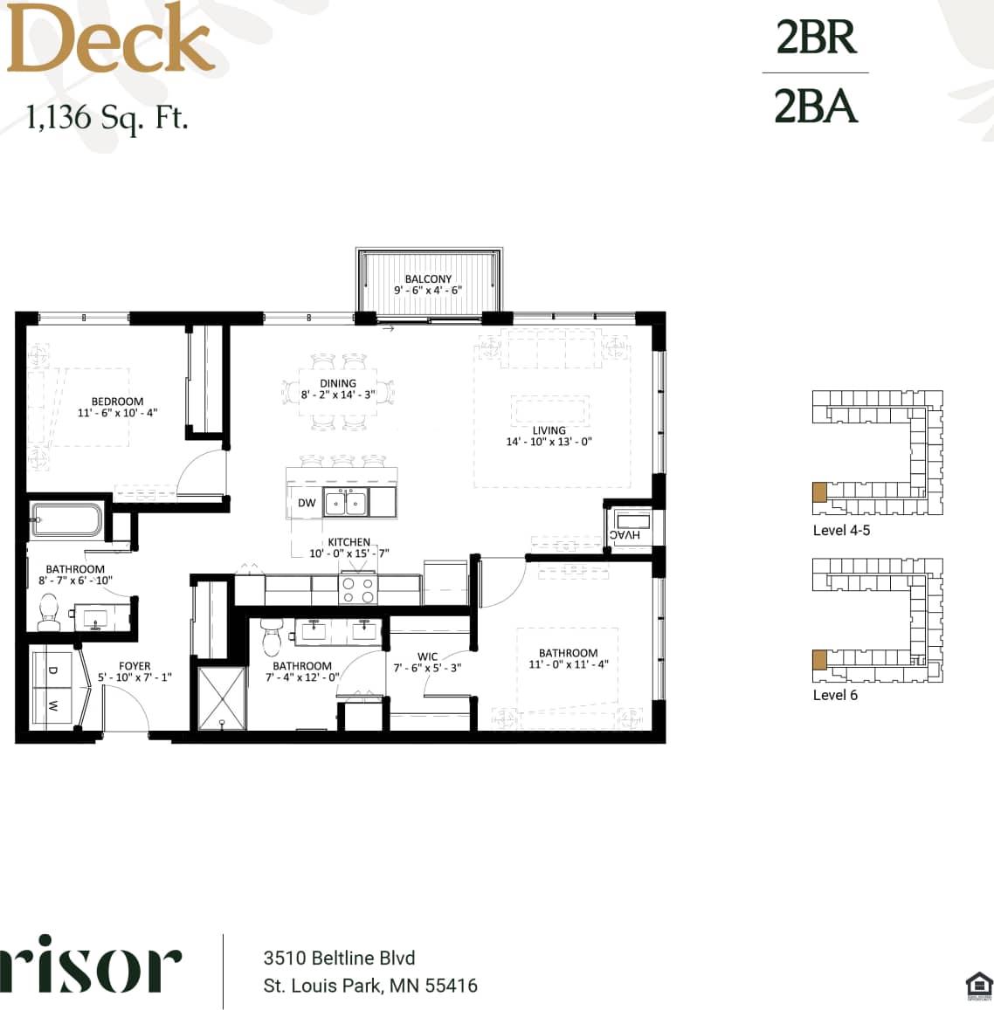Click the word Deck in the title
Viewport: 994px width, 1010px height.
110,39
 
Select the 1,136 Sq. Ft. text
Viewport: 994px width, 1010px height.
107,117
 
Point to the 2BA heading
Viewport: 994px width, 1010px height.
816,106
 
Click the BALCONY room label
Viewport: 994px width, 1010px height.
428,279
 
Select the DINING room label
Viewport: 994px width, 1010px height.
338,383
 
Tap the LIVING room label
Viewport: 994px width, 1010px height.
549,430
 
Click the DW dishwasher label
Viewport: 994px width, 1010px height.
307,503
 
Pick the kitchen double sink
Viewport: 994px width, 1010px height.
346,503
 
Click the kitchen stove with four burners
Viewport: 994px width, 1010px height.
356,590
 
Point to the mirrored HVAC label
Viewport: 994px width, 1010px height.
625,534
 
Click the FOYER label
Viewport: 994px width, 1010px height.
135,666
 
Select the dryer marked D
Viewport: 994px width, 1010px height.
52,670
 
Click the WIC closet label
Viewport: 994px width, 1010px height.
427,656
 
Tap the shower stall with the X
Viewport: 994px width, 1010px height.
223,697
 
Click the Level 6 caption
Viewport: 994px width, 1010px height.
835,695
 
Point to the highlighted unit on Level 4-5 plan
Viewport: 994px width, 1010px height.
819,491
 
